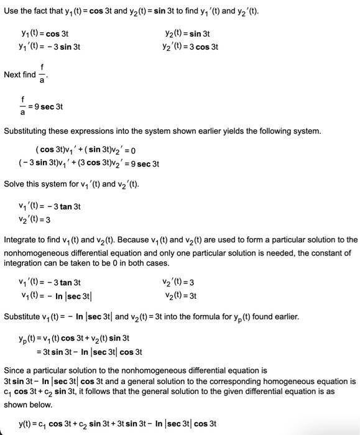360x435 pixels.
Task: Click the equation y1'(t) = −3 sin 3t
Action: [50, 47]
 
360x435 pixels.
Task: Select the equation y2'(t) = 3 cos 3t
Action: [189, 47]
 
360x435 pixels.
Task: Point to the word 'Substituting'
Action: [25, 131]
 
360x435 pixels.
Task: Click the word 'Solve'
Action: [14, 184]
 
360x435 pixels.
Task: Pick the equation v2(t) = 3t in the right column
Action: [181, 295]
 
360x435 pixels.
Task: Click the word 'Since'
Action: [14, 369]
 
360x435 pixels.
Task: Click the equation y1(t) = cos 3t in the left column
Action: [44, 34]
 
